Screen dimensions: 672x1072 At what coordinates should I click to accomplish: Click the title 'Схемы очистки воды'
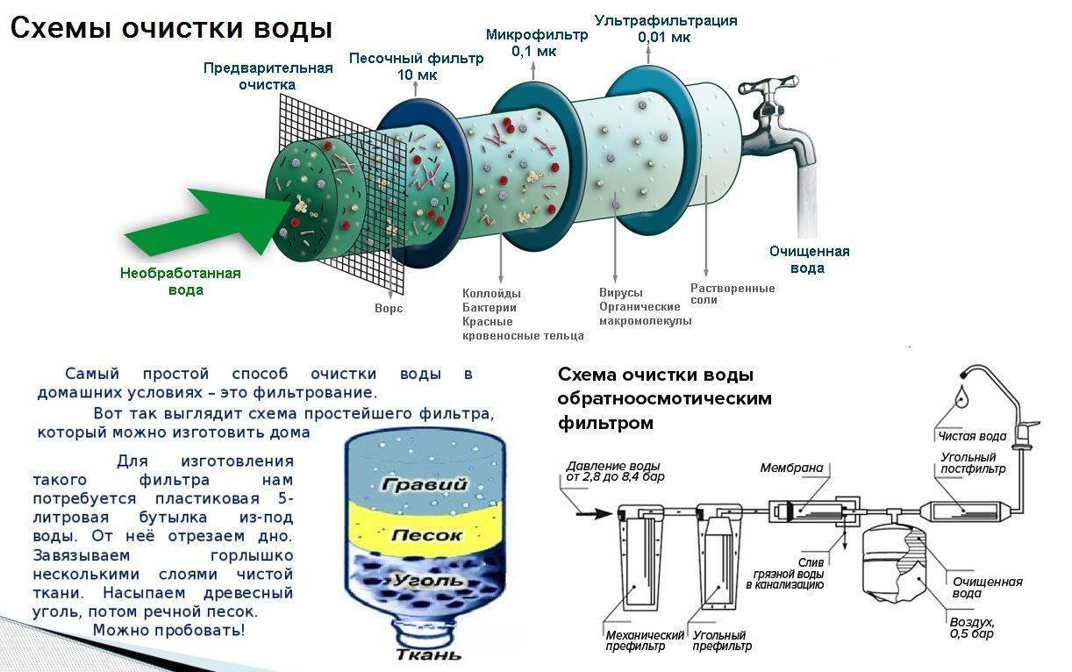tap(170, 29)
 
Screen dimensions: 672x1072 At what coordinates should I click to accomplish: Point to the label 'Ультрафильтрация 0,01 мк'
tap(665, 29)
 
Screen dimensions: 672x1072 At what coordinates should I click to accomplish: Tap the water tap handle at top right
tap(772, 88)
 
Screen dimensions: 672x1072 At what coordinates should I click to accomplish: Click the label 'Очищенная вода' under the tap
tap(809, 259)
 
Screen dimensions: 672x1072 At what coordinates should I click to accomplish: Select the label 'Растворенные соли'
tap(732, 294)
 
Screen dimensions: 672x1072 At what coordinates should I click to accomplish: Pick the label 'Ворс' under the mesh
tap(389, 309)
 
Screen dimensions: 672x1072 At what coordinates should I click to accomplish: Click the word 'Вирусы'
tap(621, 292)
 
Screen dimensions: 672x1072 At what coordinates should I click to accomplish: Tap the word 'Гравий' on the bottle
tap(431, 485)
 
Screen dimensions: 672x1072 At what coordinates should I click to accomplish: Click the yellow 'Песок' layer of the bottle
tap(426, 533)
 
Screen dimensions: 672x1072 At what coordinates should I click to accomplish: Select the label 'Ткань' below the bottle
tap(428, 654)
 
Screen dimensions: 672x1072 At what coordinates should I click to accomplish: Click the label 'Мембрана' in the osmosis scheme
tap(791, 468)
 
